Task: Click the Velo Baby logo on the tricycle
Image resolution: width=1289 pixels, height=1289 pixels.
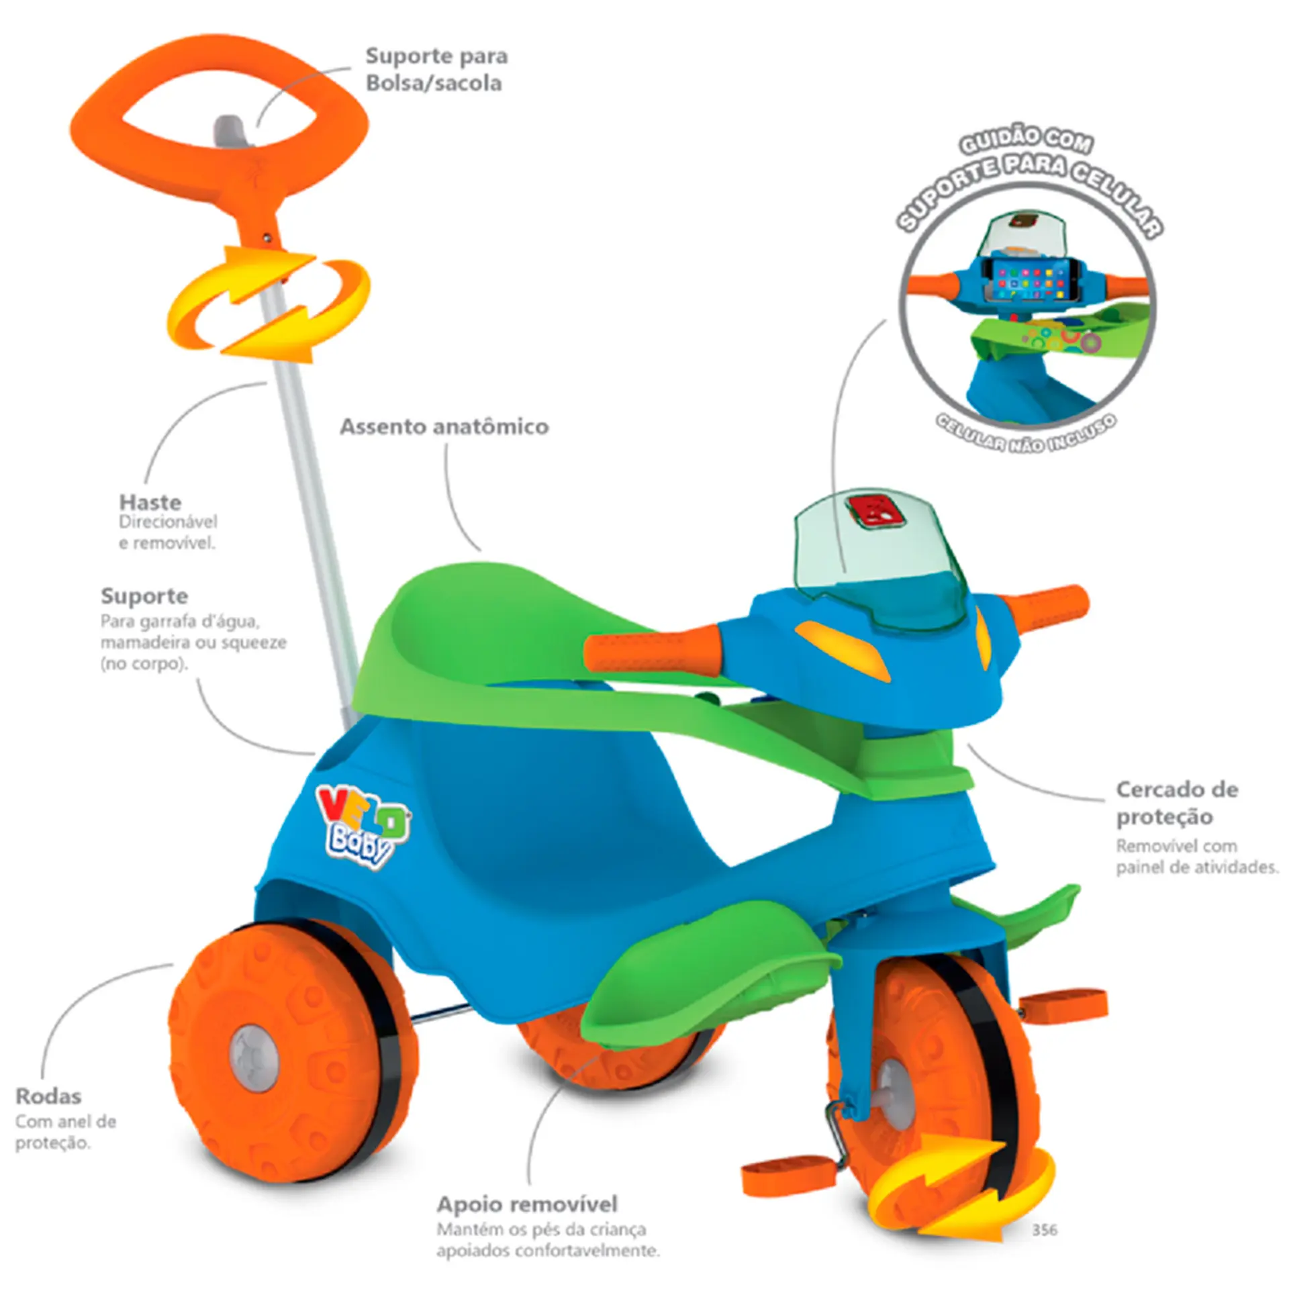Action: click(x=363, y=826)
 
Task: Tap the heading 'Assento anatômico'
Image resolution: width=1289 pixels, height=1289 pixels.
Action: click(x=444, y=427)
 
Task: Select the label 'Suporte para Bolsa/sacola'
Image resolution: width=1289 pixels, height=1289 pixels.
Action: click(x=436, y=70)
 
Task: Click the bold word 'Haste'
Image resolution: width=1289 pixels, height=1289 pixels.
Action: click(x=150, y=502)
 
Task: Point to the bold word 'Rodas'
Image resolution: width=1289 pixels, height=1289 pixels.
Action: click(x=48, y=1096)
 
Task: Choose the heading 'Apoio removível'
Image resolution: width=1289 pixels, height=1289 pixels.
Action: click(x=527, y=1204)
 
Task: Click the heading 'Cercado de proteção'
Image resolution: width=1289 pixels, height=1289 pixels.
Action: click(x=1177, y=803)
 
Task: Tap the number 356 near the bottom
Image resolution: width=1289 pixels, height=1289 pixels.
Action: click(x=1045, y=1229)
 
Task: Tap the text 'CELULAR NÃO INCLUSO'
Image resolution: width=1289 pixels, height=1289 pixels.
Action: click(x=1027, y=434)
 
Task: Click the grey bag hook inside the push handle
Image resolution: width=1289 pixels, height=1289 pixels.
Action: click(x=230, y=132)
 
